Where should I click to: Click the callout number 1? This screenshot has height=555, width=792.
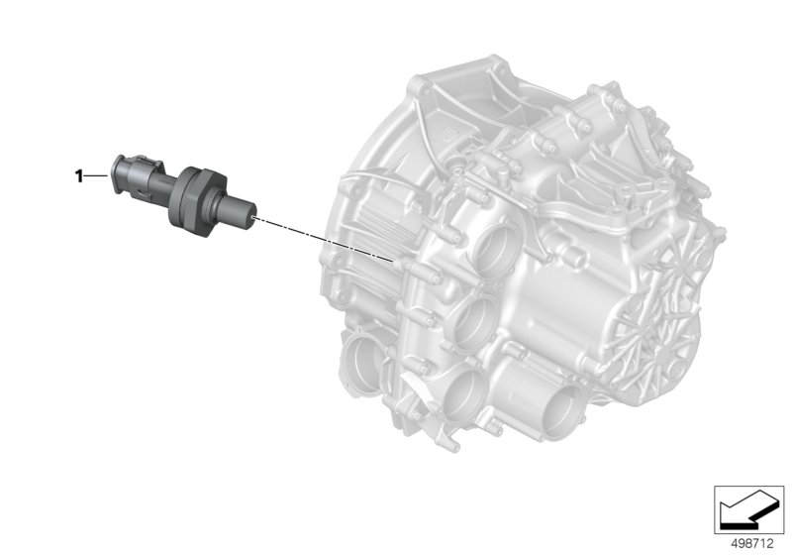click(x=78, y=176)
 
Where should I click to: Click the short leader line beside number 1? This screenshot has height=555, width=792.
click(x=96, y=175)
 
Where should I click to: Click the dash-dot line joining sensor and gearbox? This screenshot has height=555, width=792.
click(x=323, y=239)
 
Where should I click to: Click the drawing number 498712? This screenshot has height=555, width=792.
click(x=752, y=543)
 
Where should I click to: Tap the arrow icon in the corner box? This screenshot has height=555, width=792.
click(x=748, y=509)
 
